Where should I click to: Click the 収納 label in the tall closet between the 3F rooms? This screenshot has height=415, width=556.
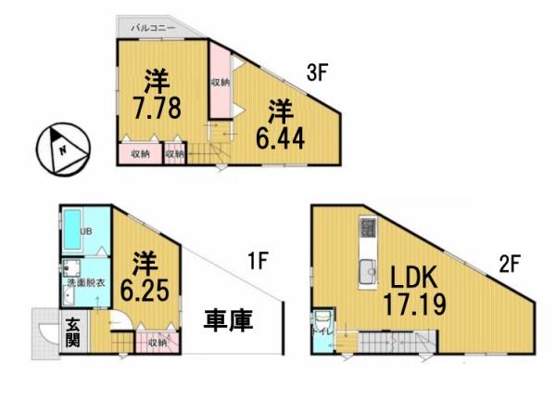click(x=220, y=83)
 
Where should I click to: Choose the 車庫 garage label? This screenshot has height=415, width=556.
click(x=229, y=322)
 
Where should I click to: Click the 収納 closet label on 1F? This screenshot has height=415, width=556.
click(x=157, y=343)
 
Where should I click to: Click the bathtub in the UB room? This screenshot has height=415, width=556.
click(x=72, y=232)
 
